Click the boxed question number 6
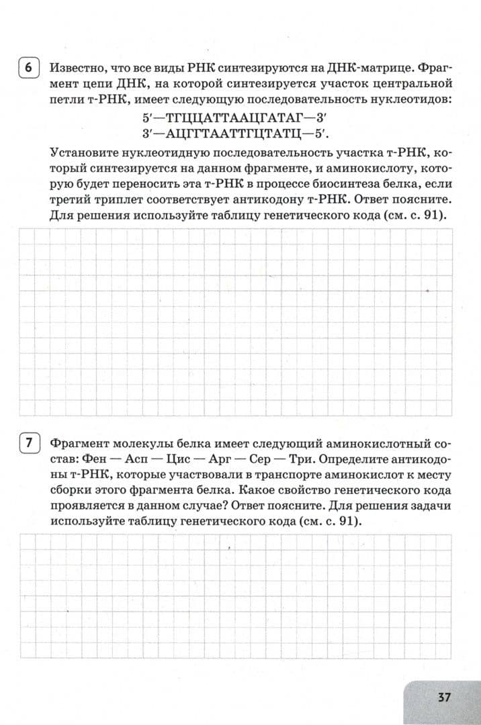coord(28,68)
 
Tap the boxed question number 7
coord(28,444)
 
